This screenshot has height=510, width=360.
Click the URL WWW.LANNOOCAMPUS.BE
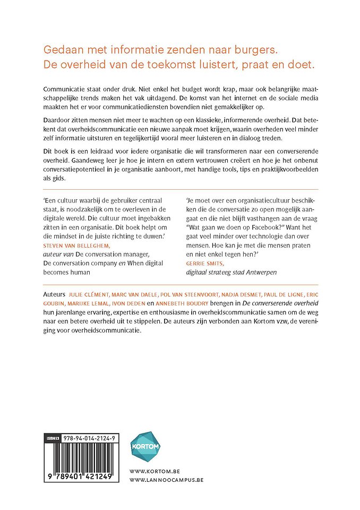166,480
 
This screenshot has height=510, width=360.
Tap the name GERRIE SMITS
209,262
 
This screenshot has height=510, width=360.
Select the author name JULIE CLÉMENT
88,294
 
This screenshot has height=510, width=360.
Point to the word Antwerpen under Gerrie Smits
259,272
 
